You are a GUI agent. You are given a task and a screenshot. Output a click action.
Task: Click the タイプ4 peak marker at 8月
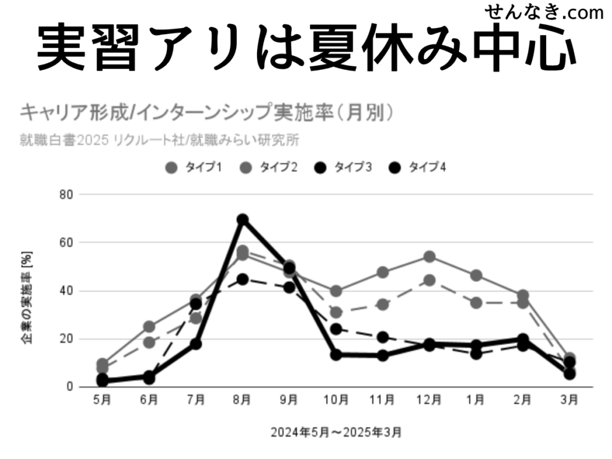pyautogui.click(x=242, y=219)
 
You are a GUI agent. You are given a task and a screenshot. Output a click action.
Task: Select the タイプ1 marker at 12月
pyautogui.click(x=429, y=257)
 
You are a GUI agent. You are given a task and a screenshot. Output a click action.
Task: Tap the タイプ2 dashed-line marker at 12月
pyautogui.click(x=429, y=280)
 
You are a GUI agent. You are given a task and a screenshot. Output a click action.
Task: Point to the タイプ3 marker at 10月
pyautogui.click(x=336, y=329)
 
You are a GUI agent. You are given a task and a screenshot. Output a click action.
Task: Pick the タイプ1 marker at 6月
pyautogui.click(x=149, y=327)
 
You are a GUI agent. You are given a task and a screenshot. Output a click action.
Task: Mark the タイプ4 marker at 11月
pyautogui.click(x=382, y=356)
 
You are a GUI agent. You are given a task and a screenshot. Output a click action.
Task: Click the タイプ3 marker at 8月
pyautogui.click(x=242, y=279)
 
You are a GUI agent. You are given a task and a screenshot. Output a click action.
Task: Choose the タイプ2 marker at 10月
pyautogui.click(x=336, y=313)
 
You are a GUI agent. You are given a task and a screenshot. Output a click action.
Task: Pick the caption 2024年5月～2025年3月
pyautogui.click(x=336, y=431)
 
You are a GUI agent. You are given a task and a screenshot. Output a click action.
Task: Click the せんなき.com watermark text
pyautogui.click(x=544, y=12)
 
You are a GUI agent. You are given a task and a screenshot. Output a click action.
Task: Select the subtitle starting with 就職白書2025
pyautogui.click(x=159, y=140)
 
